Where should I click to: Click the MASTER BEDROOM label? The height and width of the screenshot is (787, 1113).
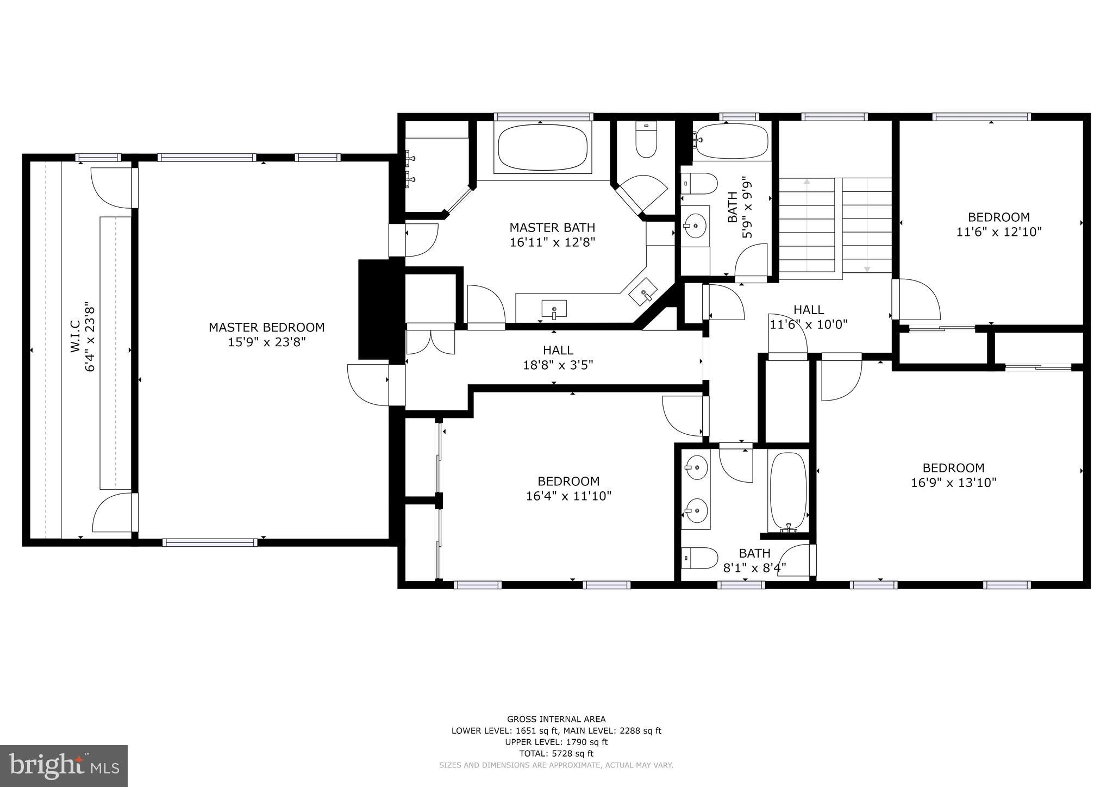pyautogui.click(x=266, y=327)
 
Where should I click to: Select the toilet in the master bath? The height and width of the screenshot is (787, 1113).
pyautogui.click(x=646, y=140)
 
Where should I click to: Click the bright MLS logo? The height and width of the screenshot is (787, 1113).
pyautogui.click(x=64, y=766)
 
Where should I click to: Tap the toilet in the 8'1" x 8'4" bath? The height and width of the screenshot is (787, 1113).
pyautogui.click(x=699, y=558)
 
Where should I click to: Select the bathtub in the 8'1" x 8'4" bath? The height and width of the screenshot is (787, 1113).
pyautogui.click(x=788, y=491)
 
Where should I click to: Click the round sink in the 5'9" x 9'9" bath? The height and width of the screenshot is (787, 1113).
pyautogui.click(x=695, y=223)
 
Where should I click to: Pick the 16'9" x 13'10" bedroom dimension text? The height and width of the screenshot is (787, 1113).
pyautogui.click(x=953, y=483)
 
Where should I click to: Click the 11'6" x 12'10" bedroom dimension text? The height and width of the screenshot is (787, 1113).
pyautogui.click(x=998, y=232)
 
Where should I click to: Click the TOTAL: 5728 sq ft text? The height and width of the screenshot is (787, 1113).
pyautogui.click(x=556, y=753)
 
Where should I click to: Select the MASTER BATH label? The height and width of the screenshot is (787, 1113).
pyautogui.click(x=552, y=227)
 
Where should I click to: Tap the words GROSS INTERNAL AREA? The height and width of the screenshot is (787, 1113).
pyautogui.click(x=556, y=719)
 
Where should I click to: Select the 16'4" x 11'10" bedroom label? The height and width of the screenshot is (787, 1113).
pyautogui.click(x=568, y=482)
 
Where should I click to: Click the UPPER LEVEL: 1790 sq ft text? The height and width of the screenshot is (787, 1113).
pyautogui.click(x=556, y=742)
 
